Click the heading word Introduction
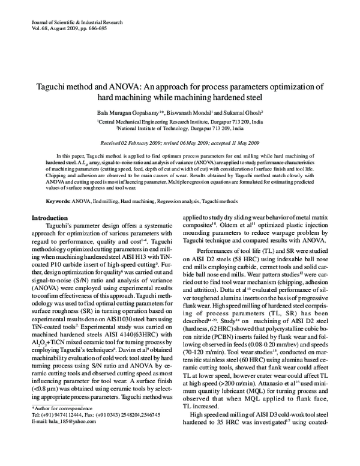(49, 168)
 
